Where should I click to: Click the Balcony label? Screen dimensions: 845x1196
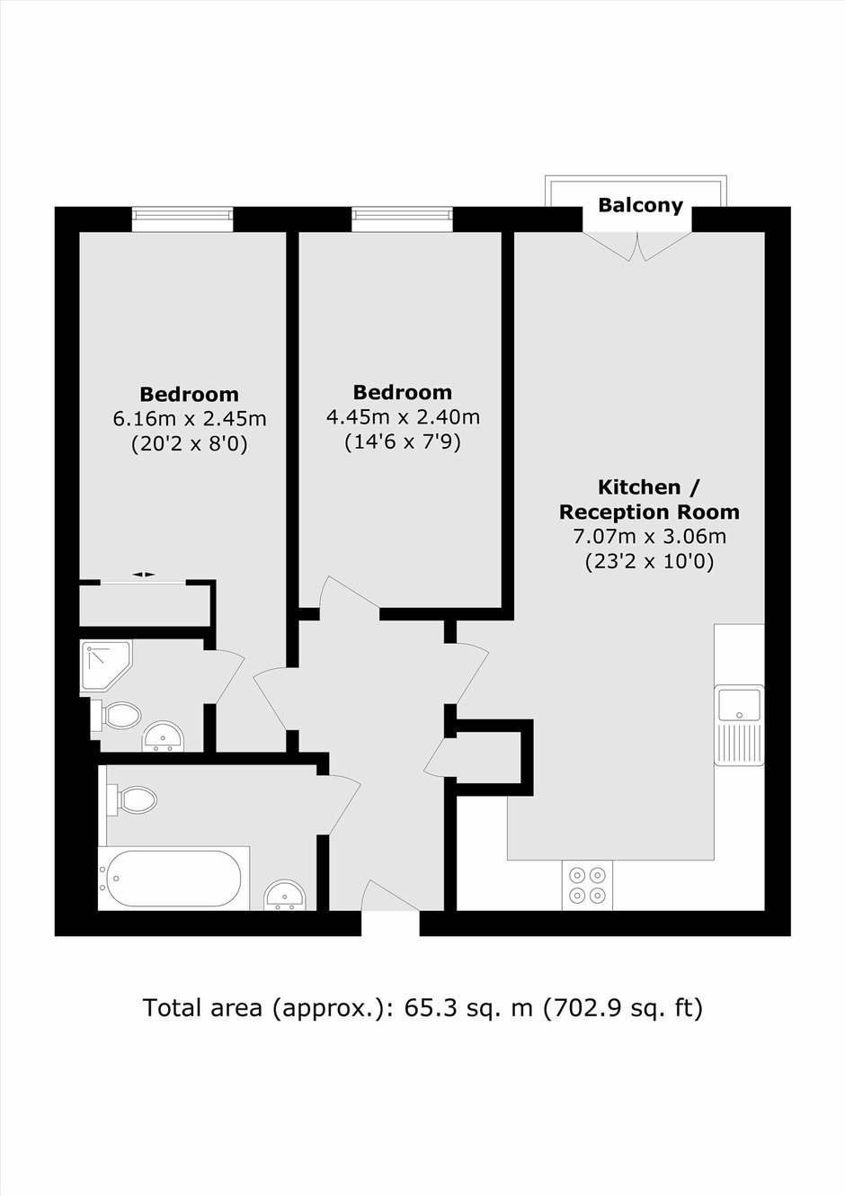tap(640, 205)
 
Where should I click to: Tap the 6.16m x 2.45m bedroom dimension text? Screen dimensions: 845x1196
tap(190, 419)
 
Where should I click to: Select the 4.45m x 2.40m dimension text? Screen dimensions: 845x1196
tap(403, 416)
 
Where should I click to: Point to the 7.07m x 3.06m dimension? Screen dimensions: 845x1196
tap(649, 536)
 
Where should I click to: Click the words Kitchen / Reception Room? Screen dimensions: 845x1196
tap(649, 500)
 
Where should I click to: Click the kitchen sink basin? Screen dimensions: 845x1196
tap(739, 705)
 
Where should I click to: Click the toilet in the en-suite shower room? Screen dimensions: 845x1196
tap(115, 715)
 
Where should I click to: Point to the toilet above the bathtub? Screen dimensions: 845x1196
tap(131, 799)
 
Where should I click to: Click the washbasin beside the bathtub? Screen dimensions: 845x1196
tap(285, 896)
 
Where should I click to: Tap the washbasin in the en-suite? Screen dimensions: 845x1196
tap(163, 737)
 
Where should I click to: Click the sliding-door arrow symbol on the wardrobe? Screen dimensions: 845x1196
tap(144, 575)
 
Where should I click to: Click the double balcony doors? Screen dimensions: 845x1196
tap(637, 245)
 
